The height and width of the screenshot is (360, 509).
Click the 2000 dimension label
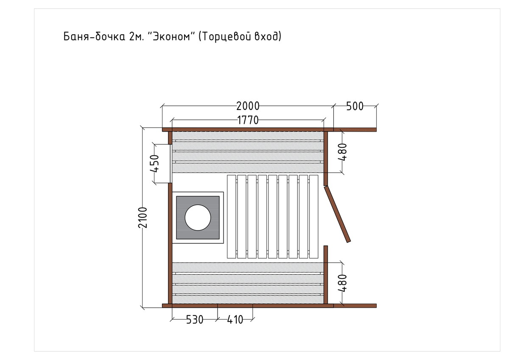(x=248, y=106)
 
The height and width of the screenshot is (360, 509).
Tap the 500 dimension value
(x=355, y=106)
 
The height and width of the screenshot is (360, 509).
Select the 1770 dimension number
(x=248, y=120)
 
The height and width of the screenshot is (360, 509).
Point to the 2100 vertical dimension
(x=143, y=217)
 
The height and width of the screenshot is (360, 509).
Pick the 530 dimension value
(x=195, y=320)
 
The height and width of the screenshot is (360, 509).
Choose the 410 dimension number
(x=235, y=320)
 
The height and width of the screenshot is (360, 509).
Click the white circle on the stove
(x=198, y=217)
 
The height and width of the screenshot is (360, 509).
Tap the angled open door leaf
(x=337, y=214)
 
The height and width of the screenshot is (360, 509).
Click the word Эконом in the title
(x=171, y=37)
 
